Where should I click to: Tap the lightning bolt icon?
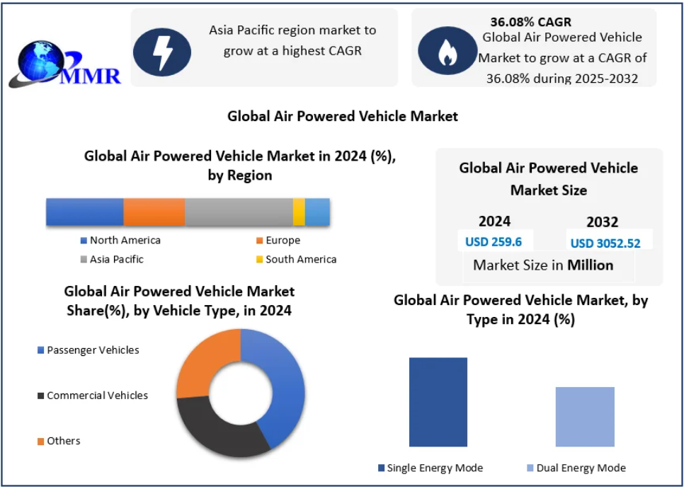[x=162, y=52]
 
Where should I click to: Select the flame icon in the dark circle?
[x=447, y=52]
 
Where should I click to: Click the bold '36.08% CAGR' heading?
[x=530, y=22]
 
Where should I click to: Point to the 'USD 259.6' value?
[x=494, y=242]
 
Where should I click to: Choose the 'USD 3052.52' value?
[x=605, y=243]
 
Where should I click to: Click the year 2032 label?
[x=602, y=222]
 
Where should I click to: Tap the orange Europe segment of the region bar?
[x=154, y=212]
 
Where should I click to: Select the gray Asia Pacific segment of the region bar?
[x=239, y=212]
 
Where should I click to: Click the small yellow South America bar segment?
[x=299, y=212]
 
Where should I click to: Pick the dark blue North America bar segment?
[x=85, y=212]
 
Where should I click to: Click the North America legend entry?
[x=120, y=241]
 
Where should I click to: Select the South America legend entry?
[x=296, y=260]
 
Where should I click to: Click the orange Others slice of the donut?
[x=202, y=361]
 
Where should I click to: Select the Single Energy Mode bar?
[x=438, y=402]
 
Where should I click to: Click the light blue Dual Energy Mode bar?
[x=585, y=417]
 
